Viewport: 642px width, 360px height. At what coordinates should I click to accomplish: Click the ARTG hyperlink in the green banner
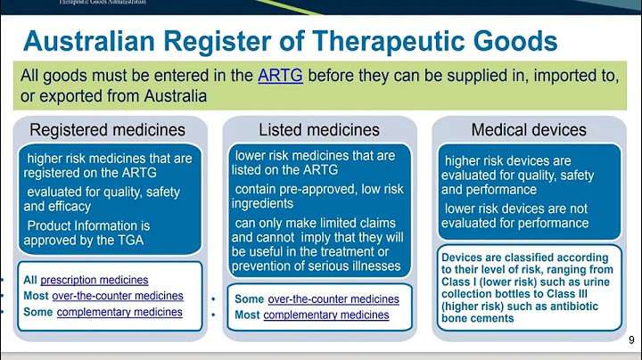(x=279, y=76)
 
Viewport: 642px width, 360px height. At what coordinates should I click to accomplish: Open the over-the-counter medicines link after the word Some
(x=333, y=299)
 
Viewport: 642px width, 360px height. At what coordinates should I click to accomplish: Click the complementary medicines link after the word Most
(x=326, y=315)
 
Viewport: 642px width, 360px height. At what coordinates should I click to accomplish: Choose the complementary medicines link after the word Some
(x=119, y=312)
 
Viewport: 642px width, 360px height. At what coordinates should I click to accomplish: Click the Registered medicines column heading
(x=108, y=131)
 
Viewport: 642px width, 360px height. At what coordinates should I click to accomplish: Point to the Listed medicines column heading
(x=318, y=131)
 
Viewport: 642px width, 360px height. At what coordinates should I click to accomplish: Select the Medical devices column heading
(x=530, y=131)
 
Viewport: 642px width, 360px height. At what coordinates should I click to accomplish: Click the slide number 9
(x=631, y=340)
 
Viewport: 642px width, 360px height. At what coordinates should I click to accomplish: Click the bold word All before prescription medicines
(x=30, y=280)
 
